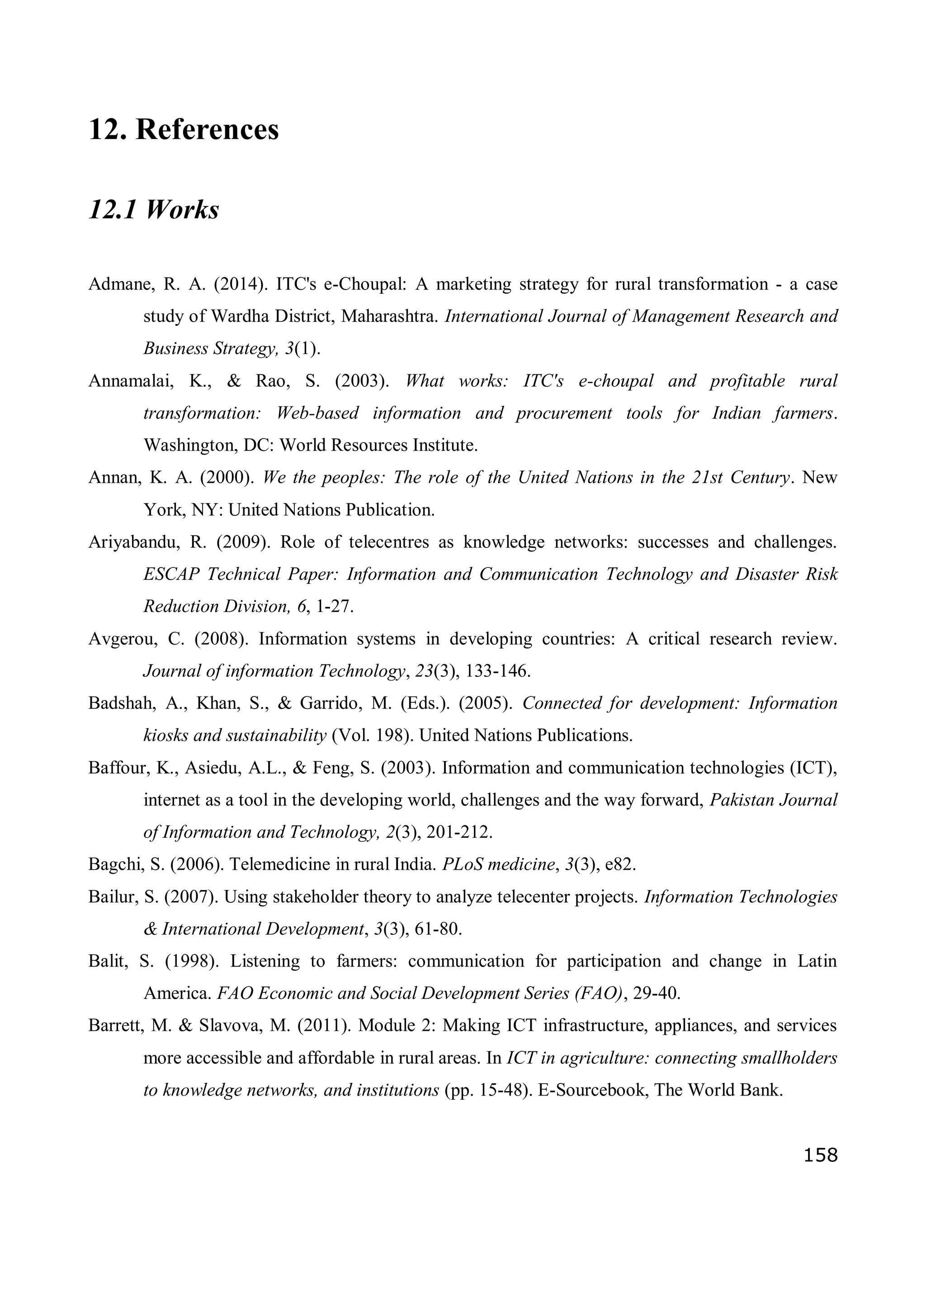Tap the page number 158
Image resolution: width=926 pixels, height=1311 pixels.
pos(821,1154)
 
